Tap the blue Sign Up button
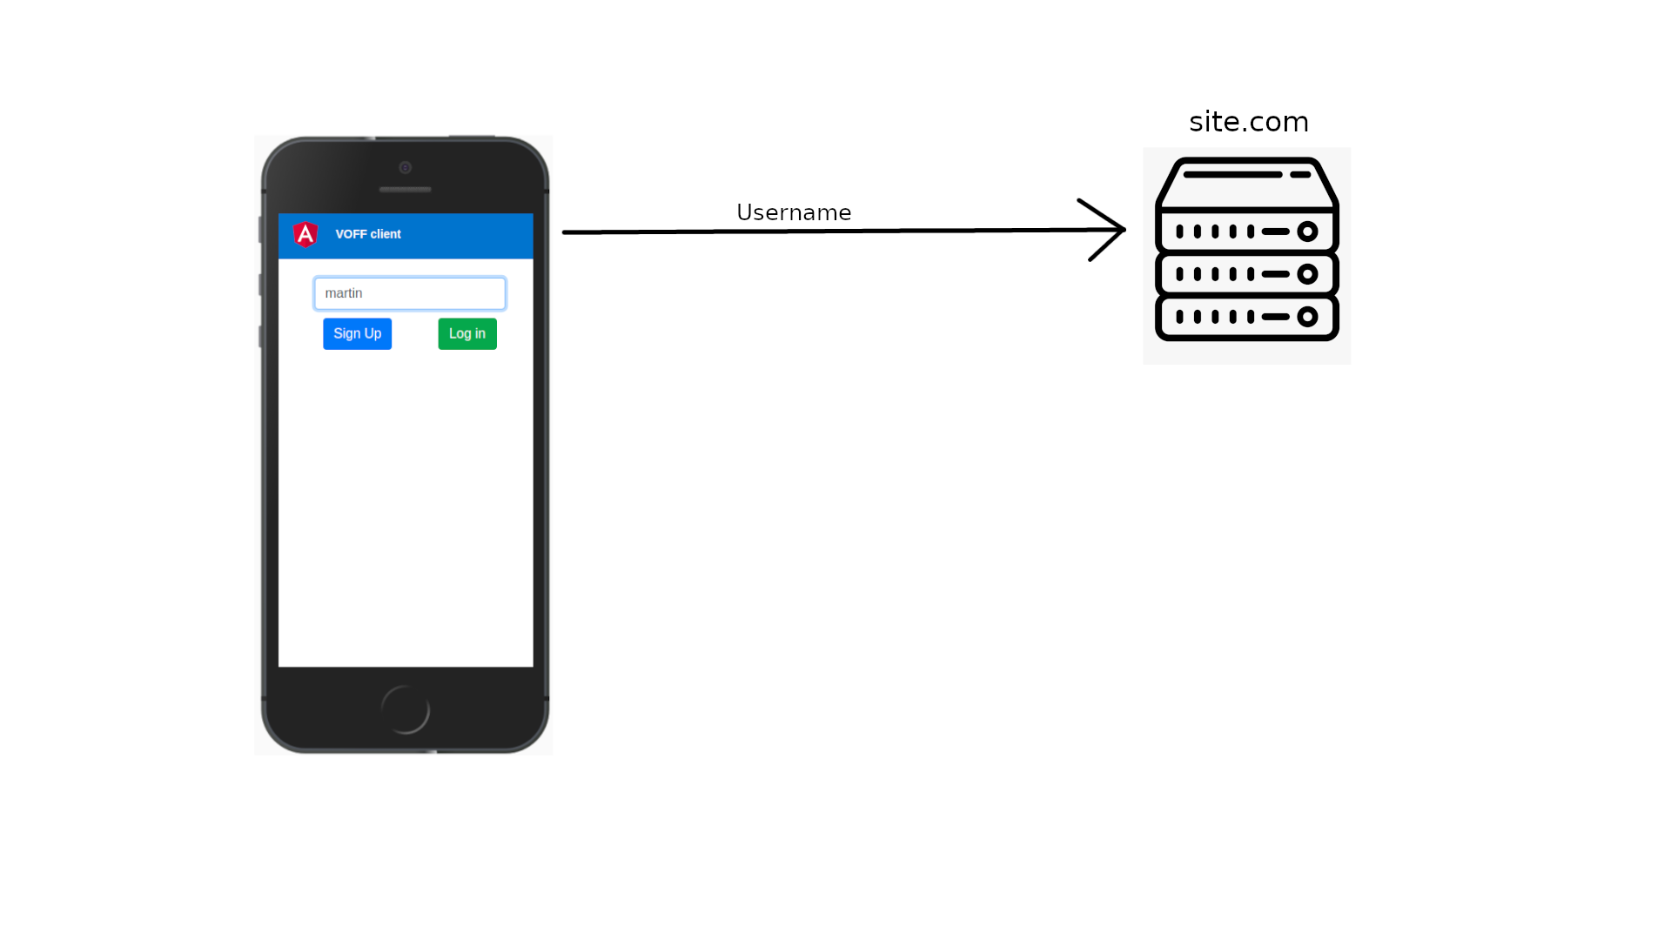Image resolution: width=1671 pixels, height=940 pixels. pos(357,334)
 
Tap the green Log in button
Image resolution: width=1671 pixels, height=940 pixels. pos(467,334)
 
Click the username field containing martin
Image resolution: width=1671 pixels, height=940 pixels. pos(410,293)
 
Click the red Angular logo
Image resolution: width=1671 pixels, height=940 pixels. pos(305,234)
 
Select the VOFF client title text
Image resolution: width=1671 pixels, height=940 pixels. pos(368,234)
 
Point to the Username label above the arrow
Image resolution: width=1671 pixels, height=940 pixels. pos(794,213)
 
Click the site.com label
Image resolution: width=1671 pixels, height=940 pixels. pos(1248,122)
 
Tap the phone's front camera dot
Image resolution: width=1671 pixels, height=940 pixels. pos(406,167)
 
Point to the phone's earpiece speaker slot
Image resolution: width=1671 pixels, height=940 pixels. pos(406,190)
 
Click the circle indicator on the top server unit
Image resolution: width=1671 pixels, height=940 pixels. pos(1307,232)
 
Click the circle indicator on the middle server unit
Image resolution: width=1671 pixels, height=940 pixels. pos(1307,274)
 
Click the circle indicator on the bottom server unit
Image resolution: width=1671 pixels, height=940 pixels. pos(1307,317)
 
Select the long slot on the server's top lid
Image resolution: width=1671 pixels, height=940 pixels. pos(1232,175)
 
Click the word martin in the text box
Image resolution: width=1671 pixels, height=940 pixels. pos(344,293)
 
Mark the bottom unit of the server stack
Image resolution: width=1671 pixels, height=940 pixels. pos(1246,318)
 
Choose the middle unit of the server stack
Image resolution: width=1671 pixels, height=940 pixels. pos(1246,274)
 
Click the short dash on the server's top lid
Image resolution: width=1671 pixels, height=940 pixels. pos(1300,175)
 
